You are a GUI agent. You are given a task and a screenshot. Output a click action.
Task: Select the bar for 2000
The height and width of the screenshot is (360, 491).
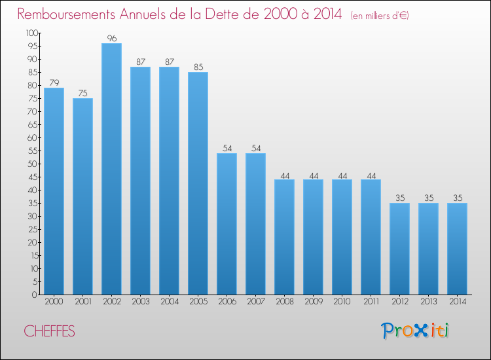click(54, 191)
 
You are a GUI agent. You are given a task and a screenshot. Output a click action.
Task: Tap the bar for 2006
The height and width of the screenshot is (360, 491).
click(227, 224)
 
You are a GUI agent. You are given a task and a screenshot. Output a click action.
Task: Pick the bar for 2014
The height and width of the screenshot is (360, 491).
click(457, 249)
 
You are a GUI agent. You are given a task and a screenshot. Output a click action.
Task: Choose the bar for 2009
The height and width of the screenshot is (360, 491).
click(313, 237)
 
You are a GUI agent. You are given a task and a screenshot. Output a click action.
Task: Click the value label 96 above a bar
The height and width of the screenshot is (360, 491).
click(111, 38)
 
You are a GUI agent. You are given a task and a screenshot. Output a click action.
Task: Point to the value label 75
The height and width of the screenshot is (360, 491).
click(82, 93)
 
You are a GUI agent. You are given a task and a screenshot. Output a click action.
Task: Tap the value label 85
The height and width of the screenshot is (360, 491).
click(198, 67)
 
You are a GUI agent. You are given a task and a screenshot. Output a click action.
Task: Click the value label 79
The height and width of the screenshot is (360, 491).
click(54, 82)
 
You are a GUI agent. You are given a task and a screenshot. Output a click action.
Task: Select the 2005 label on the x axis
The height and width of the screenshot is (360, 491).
click(198, 302)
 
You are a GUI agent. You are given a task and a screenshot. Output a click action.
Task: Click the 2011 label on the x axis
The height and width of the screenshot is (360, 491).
click(371, 302)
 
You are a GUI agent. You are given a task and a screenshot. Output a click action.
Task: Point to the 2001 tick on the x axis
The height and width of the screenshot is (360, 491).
click(82, 302)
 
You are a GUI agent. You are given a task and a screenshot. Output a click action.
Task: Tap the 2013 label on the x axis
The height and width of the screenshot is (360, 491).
click(428, 302)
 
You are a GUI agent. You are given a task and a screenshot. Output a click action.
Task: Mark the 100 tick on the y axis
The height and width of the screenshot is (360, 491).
click(31, 33)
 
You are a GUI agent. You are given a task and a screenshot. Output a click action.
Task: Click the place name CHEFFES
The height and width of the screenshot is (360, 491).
click(50, 332)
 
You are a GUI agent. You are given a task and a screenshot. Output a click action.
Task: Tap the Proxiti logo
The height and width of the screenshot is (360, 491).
click(415, 331)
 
